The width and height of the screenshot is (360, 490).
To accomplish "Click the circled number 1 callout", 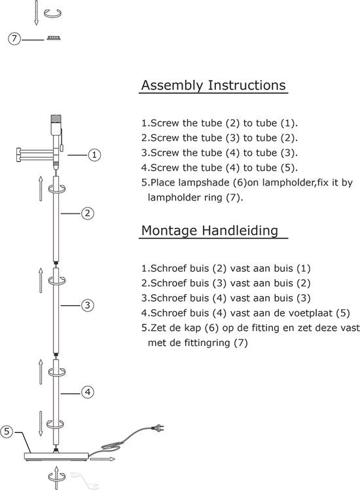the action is [x=94, y=155].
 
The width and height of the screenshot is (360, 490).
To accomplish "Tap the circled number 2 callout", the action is [x=88, y=214].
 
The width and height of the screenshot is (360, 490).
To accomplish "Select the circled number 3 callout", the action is [x=88, y=305].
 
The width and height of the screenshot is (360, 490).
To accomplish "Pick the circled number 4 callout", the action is [x=88, y=392].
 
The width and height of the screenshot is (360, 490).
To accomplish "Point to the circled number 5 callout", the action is [x=7, y=432].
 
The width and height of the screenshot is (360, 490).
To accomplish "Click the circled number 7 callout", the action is [x=14, y=39].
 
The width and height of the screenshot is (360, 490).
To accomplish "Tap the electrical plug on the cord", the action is [x=158, y=428].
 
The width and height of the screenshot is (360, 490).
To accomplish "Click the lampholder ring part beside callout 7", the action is [x=54, y=38].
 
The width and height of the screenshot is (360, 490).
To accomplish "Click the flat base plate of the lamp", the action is [x=56, y=456].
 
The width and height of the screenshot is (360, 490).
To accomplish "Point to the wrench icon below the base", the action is [x=84, y=480].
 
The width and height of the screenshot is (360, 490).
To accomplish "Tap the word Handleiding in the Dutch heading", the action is [x=240, y=231].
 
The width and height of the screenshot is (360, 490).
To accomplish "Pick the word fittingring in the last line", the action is [x=207, y=343].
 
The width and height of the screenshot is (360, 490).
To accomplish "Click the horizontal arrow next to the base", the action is [x=102, y=459].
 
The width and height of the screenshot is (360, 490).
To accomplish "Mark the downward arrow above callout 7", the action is [x=36, y=13].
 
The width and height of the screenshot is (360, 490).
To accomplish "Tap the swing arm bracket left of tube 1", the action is [x=34, y=155].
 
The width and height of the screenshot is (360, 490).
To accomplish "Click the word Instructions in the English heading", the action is [x=247, y=85].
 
